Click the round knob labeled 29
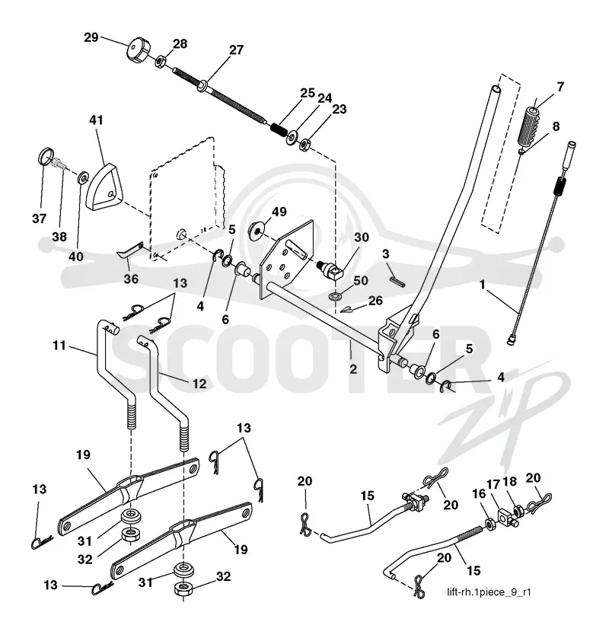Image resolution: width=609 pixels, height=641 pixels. pyautogui.click(x=138, y=51)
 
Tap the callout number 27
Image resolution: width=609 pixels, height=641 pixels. pyautogui.click(x=236, y=50)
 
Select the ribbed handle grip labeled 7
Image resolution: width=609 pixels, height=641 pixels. pyautogui.click(x=529, y=126)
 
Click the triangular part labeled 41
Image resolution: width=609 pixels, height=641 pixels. pyautogui.click(x=104, y=188)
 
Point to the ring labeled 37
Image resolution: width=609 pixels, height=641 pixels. pyautogui.click(x=46, y=157)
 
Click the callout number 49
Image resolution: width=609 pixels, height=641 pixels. pyautogui.click(x=279, y=212)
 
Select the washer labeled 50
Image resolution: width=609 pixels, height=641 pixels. pyautogui.click(x=334, y=295)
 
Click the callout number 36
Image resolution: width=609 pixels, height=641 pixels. pyautogui.click(x=131, y=279)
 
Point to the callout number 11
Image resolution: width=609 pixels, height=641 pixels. pyautogui.click(x=59, y=346)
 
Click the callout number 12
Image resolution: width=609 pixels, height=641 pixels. pyautogui.click(x=199, y=384)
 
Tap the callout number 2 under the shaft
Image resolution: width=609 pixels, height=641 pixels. pyautogui.click(x=353, y=369)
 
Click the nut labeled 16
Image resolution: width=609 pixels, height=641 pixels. pyautogui.click(x=489, y=524)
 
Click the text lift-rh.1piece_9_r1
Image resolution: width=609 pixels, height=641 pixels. pyautogui.click(x=489, y=592)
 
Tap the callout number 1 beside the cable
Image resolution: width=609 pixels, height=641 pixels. pyautogui.click(x=483, y=284)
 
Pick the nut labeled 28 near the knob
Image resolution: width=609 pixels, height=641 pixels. pyautogui.click(x=160, y=62)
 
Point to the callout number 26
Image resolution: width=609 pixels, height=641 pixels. pyautogui.click(x=375, y=301)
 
